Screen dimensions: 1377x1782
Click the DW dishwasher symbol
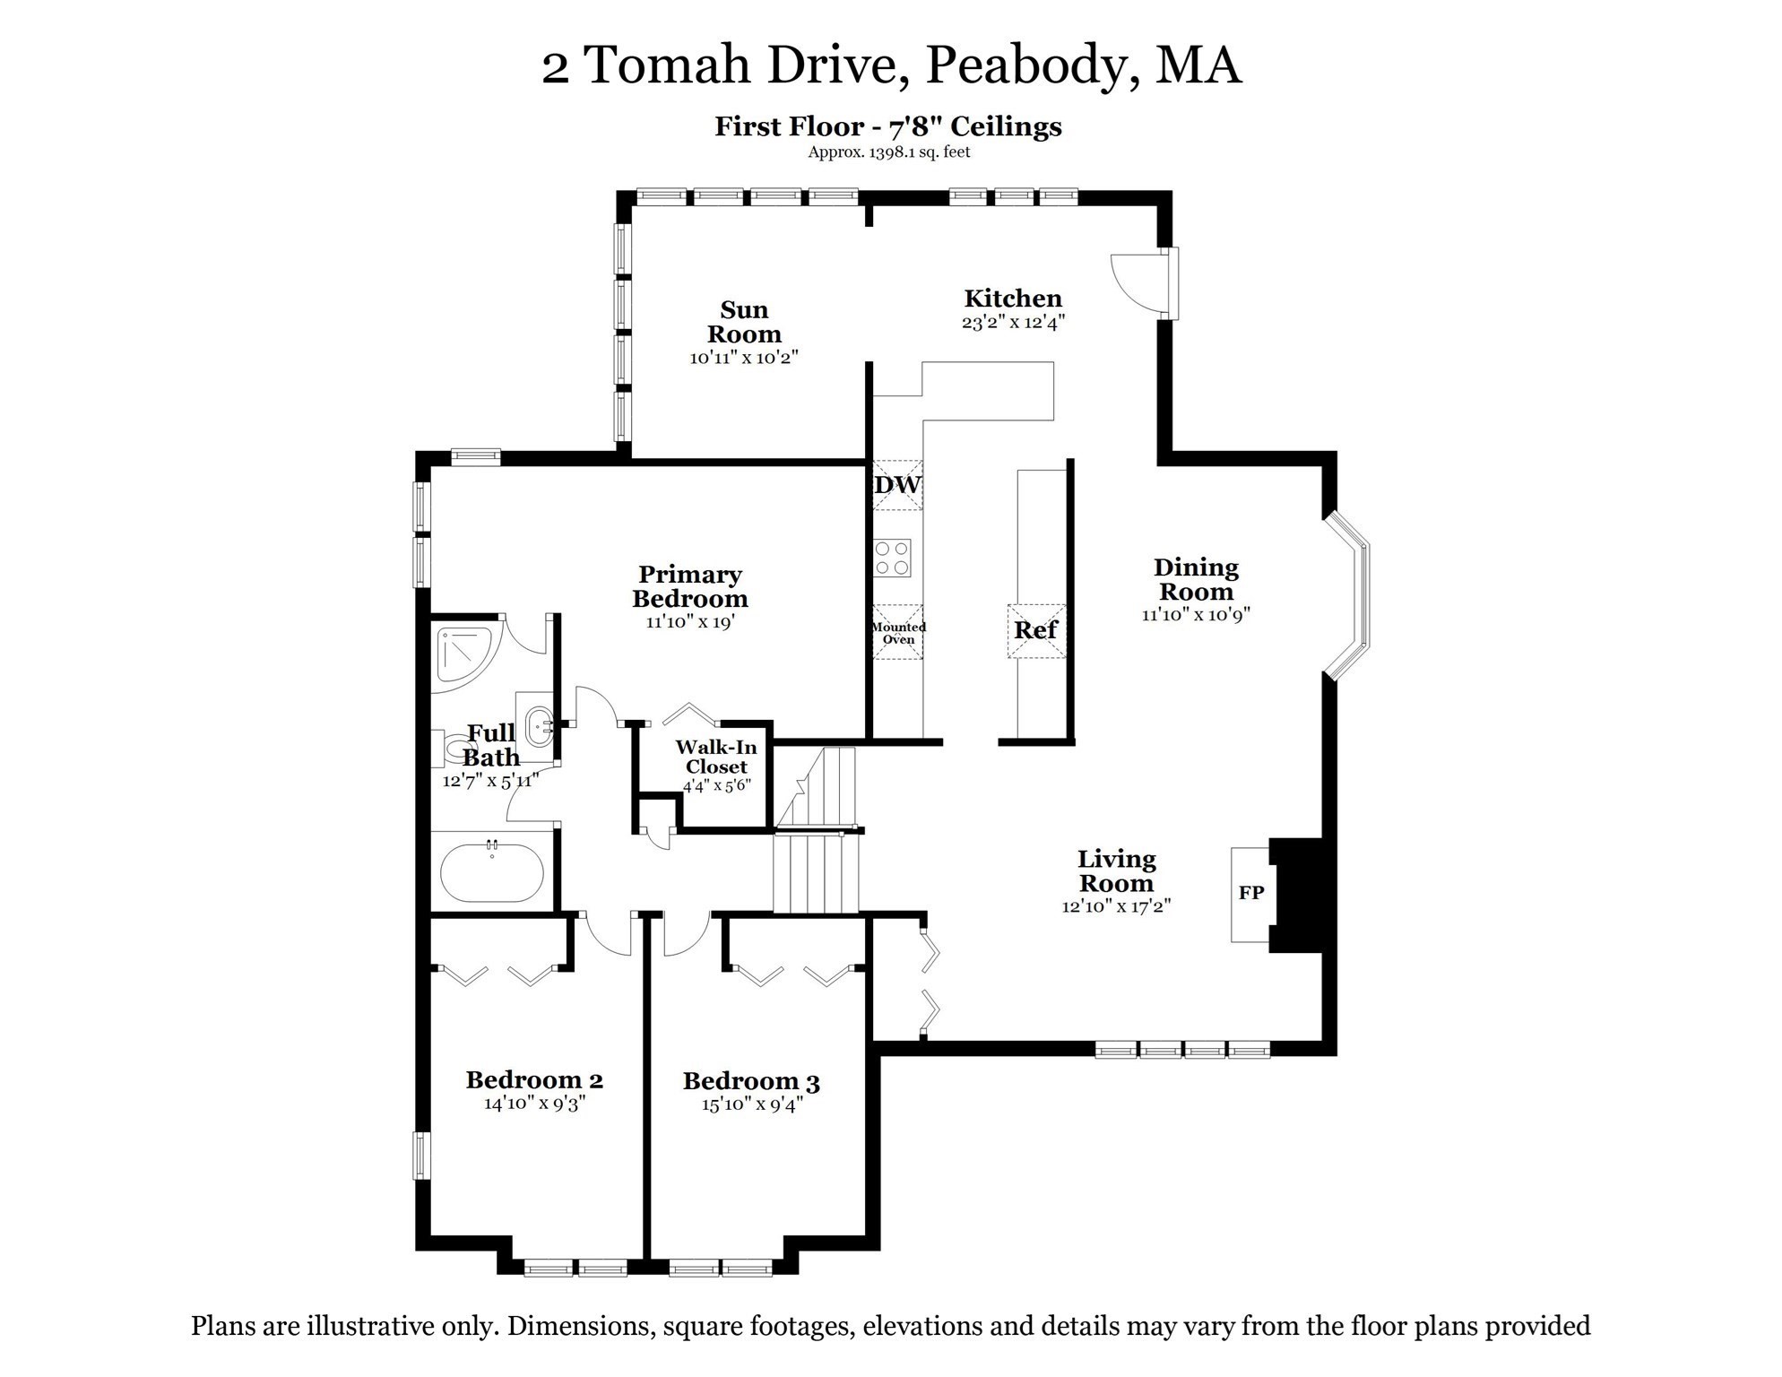pyautogui.click(x=897, y=485)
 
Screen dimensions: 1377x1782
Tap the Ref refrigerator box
pyautogui.click(x=1036, y=630)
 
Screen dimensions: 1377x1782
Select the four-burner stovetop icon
pyautogui.click(x=893, y=557)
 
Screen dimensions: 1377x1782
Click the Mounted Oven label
pyautogui.click(x=898, y=633)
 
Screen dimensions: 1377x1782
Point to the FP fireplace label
pyautogui.click(x=1251, y=893)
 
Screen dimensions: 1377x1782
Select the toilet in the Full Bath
pyautogui.click(x=455, y=748)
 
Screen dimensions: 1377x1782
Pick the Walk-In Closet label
pyautogui.click(x=715, y=757)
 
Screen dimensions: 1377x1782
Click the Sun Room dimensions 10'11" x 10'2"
pyautogui.click(x=743, y=358)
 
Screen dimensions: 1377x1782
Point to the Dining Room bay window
pyautogui.click(x=1348, y=596)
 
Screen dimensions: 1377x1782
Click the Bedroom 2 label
pyautogui.click(x=534, y=1079)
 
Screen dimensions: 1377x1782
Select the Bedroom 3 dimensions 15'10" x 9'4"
pyautogui.click(x=751, y=1104)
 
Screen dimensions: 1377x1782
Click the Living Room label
pyautogui.click(x=1116, y=870)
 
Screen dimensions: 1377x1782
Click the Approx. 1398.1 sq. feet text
pyautogui.click(x=888, y=152)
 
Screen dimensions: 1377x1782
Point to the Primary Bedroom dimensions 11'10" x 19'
pyautogui.click(x=689, y=621)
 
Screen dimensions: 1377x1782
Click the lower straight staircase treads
pyautogui.click(x=816, y=873)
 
